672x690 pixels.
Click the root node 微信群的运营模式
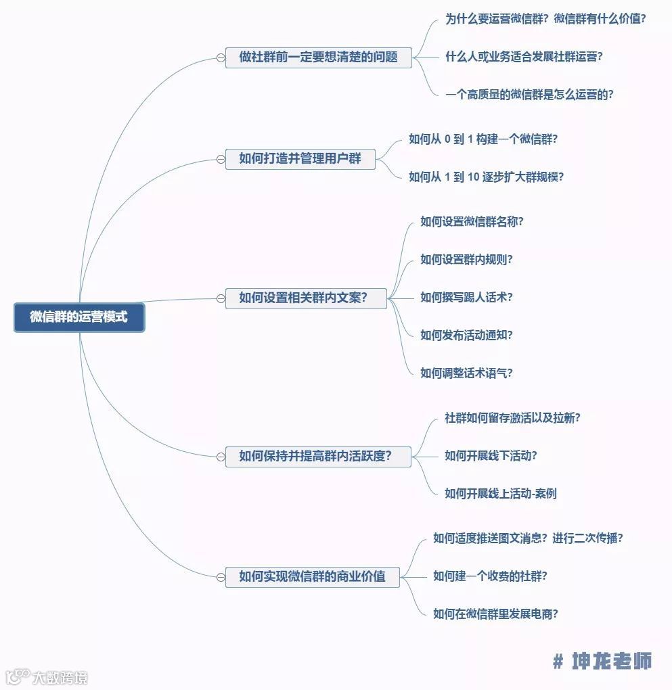[x=79, y=317]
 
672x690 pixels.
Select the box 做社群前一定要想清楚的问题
[x=318, y=57]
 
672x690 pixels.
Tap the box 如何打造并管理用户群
[x=300, y=160]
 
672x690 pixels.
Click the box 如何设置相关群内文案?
[x=305, y=298]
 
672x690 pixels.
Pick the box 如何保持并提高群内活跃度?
[x=317, y=457]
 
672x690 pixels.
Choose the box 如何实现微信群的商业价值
[x=312, y=577]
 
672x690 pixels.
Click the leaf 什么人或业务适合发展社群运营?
[x=524, y=57]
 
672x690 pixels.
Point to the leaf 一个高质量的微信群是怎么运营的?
[x=529, y=95]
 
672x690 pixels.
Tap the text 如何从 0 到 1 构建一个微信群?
[x=483, y=139]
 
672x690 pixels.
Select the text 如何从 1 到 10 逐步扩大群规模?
[x=486, y=177]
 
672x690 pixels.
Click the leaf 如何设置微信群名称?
[x=472, y=222]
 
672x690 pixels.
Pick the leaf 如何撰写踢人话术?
[x=466, y=297]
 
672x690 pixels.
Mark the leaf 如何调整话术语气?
[x=466, y=373]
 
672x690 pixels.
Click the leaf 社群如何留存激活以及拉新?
[x=512, y=418]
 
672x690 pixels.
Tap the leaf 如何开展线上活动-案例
[x=500, y=494]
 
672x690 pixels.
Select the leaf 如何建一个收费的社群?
[x=490, y=576]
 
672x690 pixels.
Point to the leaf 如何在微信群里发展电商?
[x=495, y=614]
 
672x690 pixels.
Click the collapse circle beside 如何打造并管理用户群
[x=221, y=160]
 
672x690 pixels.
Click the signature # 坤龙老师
[x=602, y=661]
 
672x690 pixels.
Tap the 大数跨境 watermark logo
[x=47, y=676]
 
